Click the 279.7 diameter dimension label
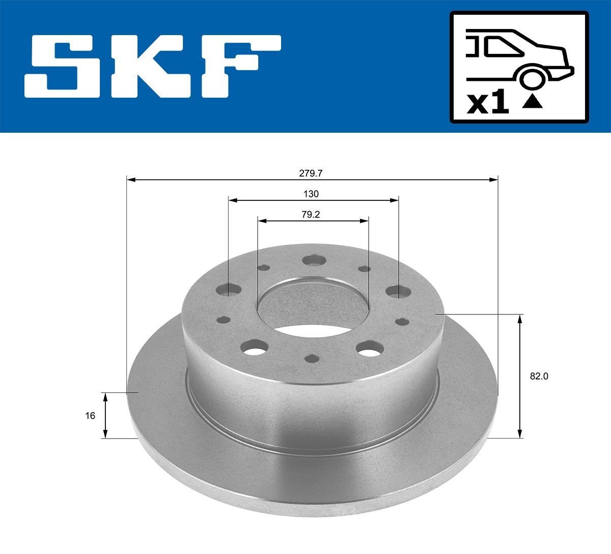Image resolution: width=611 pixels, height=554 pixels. pos(311,173)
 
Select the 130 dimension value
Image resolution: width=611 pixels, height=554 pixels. pos(311,194)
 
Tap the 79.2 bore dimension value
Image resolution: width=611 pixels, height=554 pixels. pos(311,215)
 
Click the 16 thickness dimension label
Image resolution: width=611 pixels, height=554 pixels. pos(90,416)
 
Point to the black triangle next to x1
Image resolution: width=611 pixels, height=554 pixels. pos(532,102)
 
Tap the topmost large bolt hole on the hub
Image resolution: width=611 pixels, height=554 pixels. pos(314,260)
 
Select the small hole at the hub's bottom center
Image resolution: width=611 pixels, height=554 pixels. pos(312,358)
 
